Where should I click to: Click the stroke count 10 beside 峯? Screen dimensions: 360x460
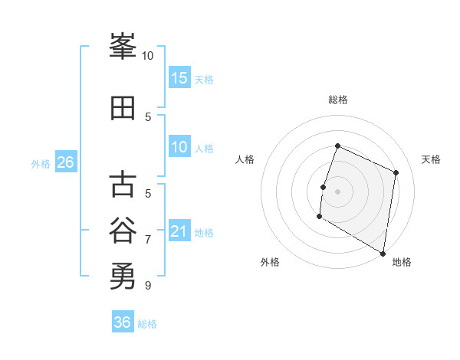point(148,55)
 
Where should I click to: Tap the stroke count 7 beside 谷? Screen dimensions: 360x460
point(148,239)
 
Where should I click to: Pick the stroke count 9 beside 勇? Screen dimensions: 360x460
point(148,285)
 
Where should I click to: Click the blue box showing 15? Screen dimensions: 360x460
point(179,78)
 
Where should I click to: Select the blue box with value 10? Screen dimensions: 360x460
point(179,147)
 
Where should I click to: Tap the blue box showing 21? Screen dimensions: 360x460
point(179,231)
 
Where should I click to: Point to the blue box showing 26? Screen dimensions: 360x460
point(65,162)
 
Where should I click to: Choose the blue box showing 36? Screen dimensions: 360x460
point(123,322)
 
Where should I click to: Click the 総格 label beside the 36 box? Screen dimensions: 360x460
point(148,324)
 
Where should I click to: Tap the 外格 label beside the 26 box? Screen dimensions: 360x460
point(41,163)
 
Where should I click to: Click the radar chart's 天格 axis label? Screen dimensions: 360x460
point(432,159)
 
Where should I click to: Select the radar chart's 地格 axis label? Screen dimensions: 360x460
point(402,262)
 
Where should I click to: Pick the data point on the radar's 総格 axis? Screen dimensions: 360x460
point(337,146)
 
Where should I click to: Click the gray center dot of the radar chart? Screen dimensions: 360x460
point(337,191)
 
